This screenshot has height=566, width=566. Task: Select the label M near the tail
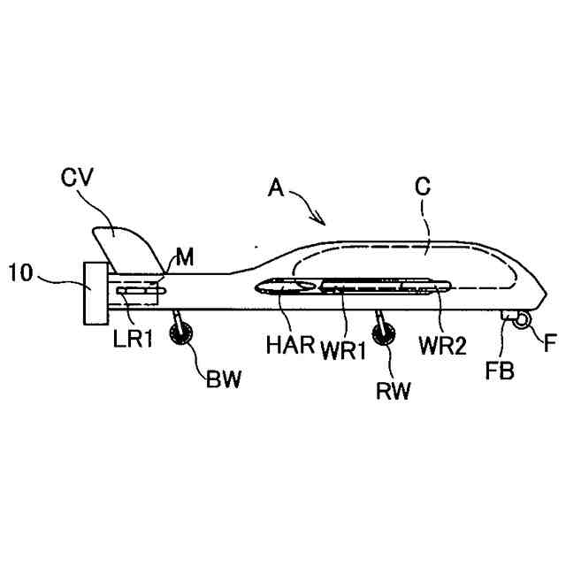pyautogui.click(x=185, y=257)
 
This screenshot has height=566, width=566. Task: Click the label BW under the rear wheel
pyautogui.click(x=222, y=381)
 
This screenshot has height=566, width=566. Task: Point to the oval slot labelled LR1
pyautogui.click(x=140, y=289)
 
